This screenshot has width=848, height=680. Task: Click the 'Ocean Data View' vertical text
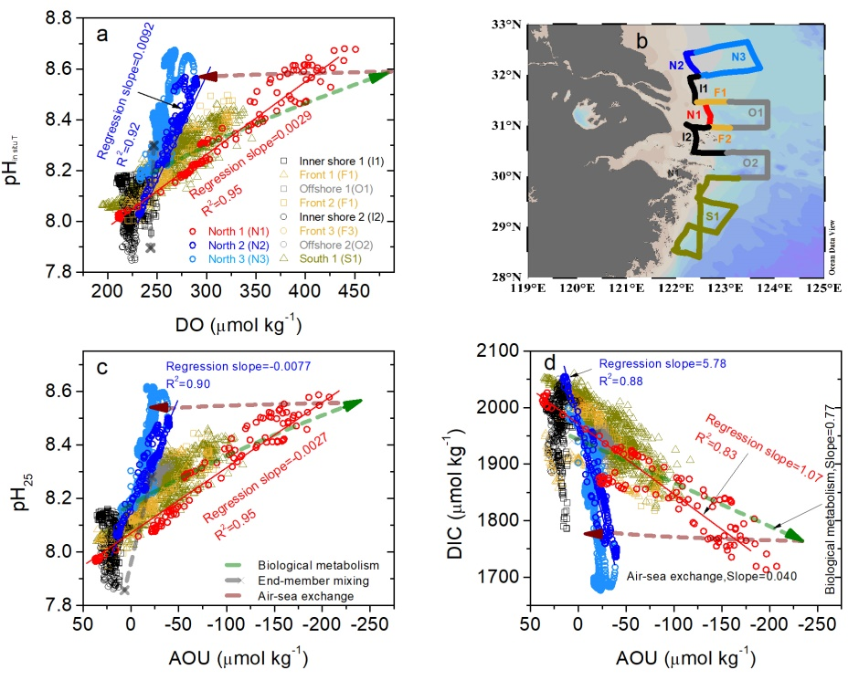tap(832, 246)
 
